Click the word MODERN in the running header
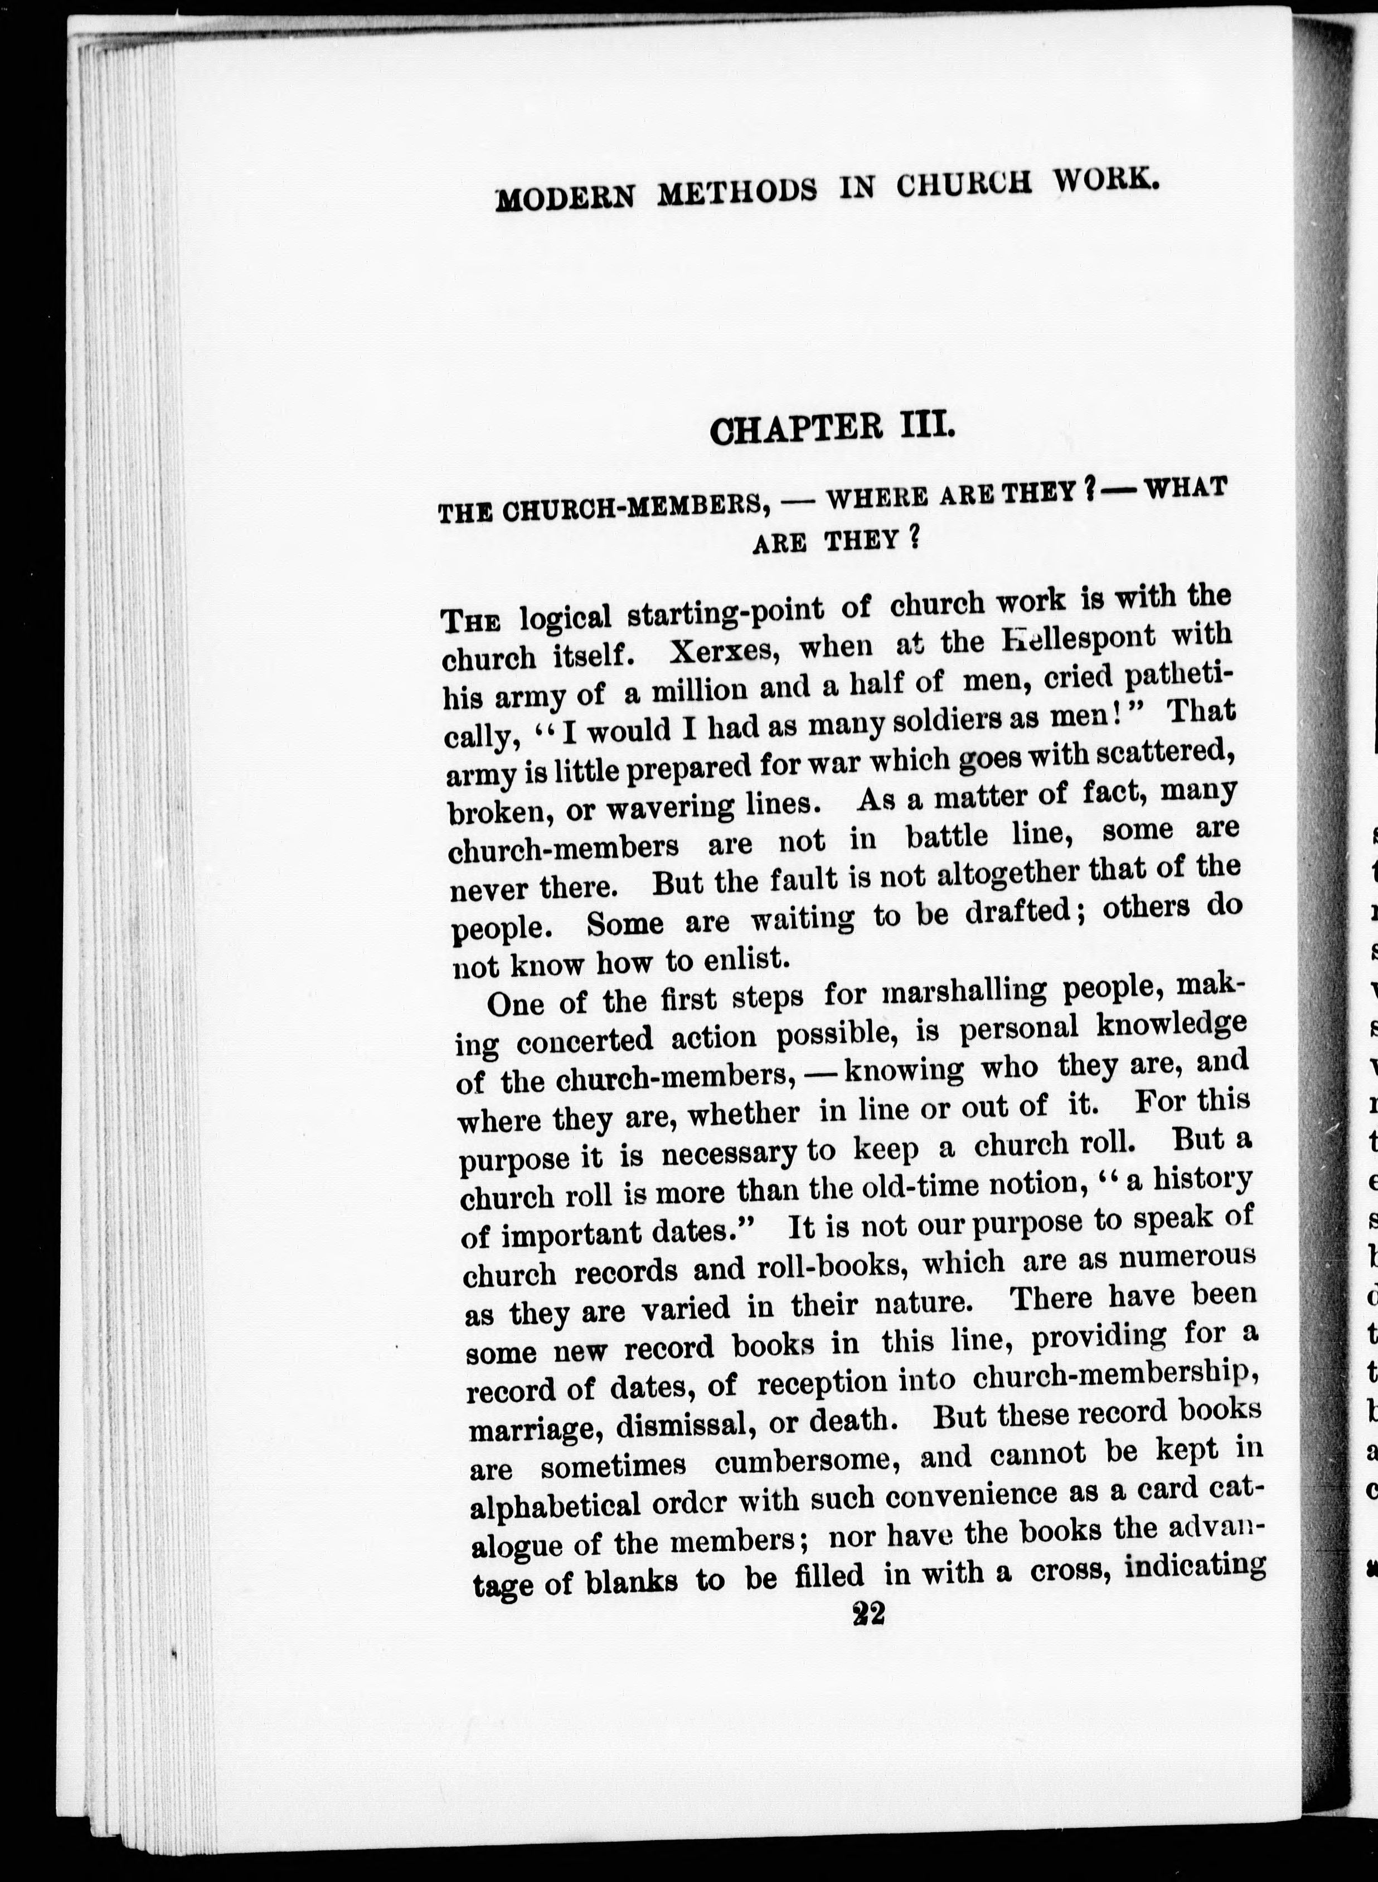565,198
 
